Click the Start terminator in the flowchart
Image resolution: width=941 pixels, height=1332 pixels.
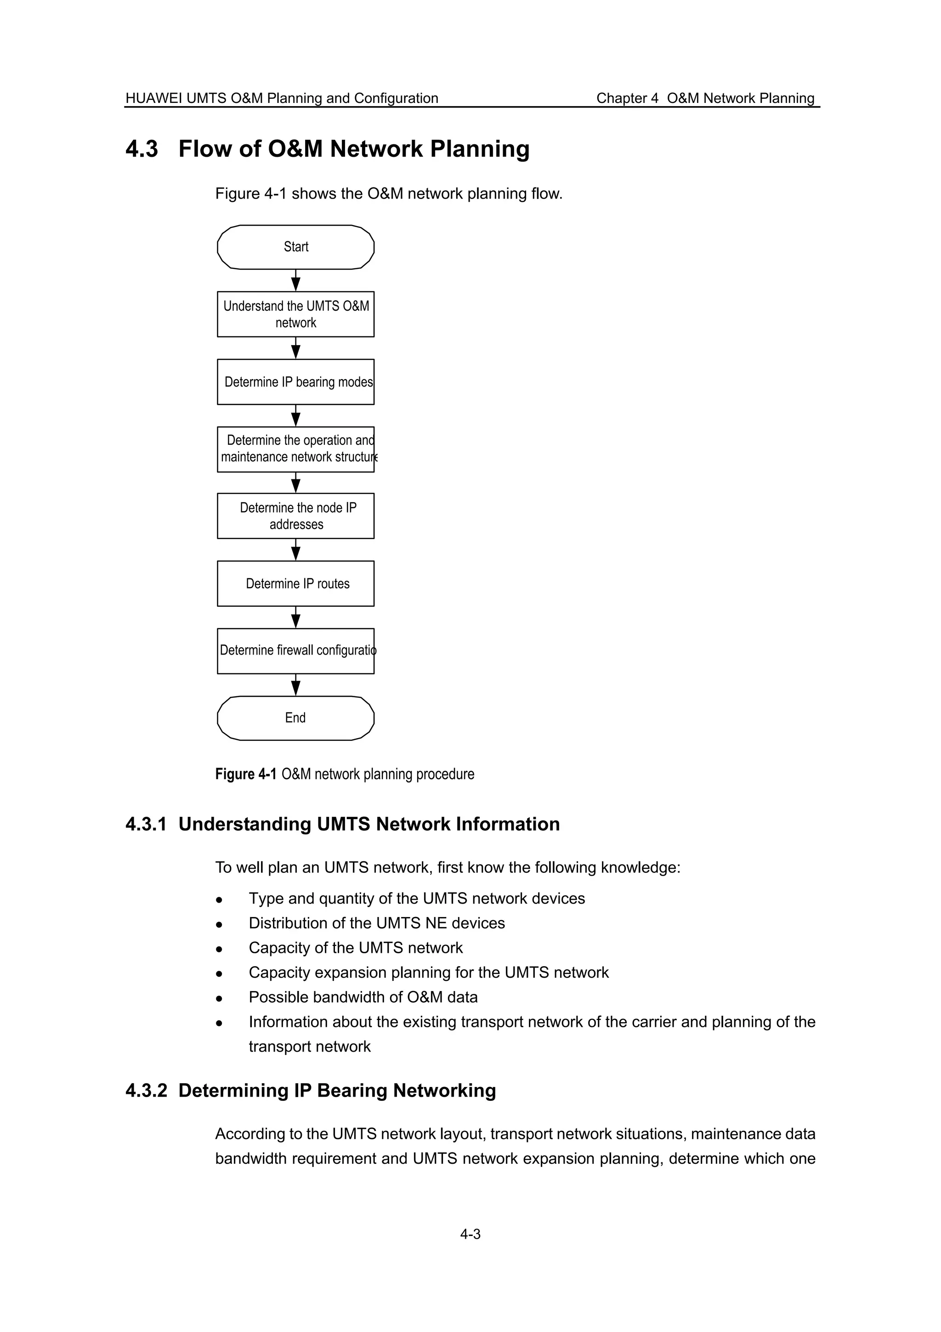click(296, 247)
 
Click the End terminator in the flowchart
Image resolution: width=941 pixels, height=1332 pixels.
click(296, 718)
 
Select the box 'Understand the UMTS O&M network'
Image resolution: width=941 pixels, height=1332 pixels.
click(296, 314)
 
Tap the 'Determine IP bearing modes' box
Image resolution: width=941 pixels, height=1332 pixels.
click(296, 382)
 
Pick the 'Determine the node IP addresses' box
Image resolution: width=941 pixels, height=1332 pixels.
click(296, 516)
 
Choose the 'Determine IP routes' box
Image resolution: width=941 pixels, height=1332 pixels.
click(296, 584)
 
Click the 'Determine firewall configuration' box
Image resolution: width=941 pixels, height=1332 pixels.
click(296, 651)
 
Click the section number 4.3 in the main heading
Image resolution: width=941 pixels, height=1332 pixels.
click(142, 149)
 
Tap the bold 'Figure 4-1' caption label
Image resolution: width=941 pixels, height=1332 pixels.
click(246, 774)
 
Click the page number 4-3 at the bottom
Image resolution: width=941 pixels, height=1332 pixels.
click(470, 1234)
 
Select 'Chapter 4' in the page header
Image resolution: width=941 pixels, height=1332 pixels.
click(627, 99)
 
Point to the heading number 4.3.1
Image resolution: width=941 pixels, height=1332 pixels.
click(146, 825)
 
